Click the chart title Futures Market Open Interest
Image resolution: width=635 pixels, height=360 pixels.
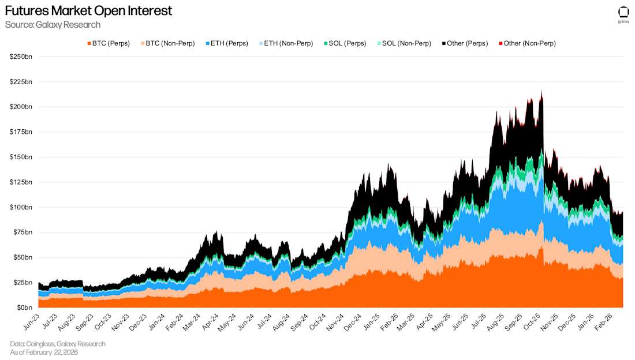[88, 11]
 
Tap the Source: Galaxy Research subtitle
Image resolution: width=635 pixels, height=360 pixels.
[53, 25]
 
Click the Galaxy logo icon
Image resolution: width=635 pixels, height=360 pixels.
[623, 13]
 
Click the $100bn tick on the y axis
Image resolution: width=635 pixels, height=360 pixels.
[21, 207]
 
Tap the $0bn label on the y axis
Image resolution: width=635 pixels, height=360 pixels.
[24, 307]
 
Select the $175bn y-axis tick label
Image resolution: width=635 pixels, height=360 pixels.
[21, 132]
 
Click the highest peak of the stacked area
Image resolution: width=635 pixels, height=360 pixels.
[541, 91]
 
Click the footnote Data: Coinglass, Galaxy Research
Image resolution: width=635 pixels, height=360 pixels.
[58, 344]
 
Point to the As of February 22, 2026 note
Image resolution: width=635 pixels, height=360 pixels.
[44, 352]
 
